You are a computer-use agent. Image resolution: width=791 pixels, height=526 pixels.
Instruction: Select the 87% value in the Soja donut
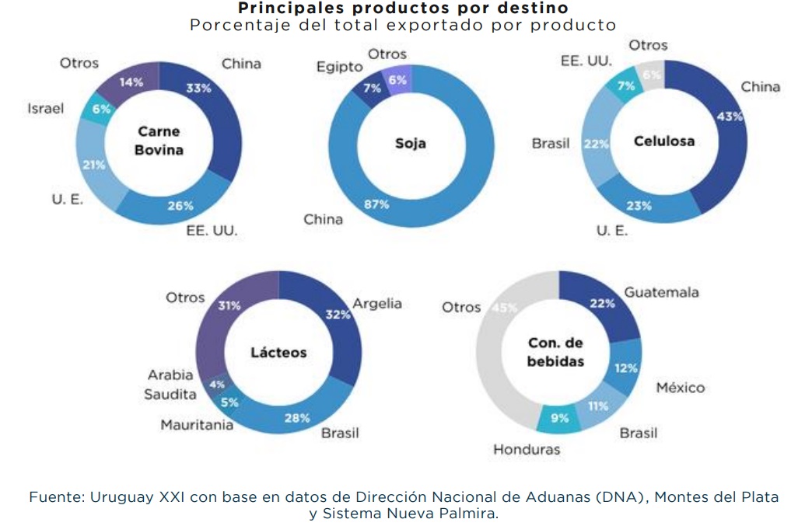point(376,204)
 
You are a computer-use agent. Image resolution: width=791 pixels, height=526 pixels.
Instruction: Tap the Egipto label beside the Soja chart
point(339,68)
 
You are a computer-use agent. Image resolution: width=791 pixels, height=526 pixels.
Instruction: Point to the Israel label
point(46,109)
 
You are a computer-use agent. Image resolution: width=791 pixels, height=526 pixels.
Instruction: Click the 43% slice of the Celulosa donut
point(727,132)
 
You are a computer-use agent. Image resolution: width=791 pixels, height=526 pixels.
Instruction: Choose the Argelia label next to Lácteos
point(377,303)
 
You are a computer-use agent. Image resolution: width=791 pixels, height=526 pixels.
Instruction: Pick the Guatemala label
point(661,292)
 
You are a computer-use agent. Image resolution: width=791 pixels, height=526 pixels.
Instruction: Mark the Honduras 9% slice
point(559,418)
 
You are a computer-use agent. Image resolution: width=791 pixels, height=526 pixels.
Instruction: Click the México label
point(680,387)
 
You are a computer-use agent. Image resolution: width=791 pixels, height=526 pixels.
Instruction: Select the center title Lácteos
point(278,352)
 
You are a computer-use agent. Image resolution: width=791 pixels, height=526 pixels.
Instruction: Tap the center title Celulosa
point(664,141)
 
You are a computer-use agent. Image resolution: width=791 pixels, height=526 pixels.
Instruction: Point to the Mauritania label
point(197,425)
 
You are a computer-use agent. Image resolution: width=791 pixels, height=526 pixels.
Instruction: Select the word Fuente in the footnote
point(55,496)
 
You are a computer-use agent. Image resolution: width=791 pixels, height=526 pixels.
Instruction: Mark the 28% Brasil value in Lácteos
point(296,418)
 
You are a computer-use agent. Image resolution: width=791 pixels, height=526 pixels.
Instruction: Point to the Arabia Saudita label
point(170,385)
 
